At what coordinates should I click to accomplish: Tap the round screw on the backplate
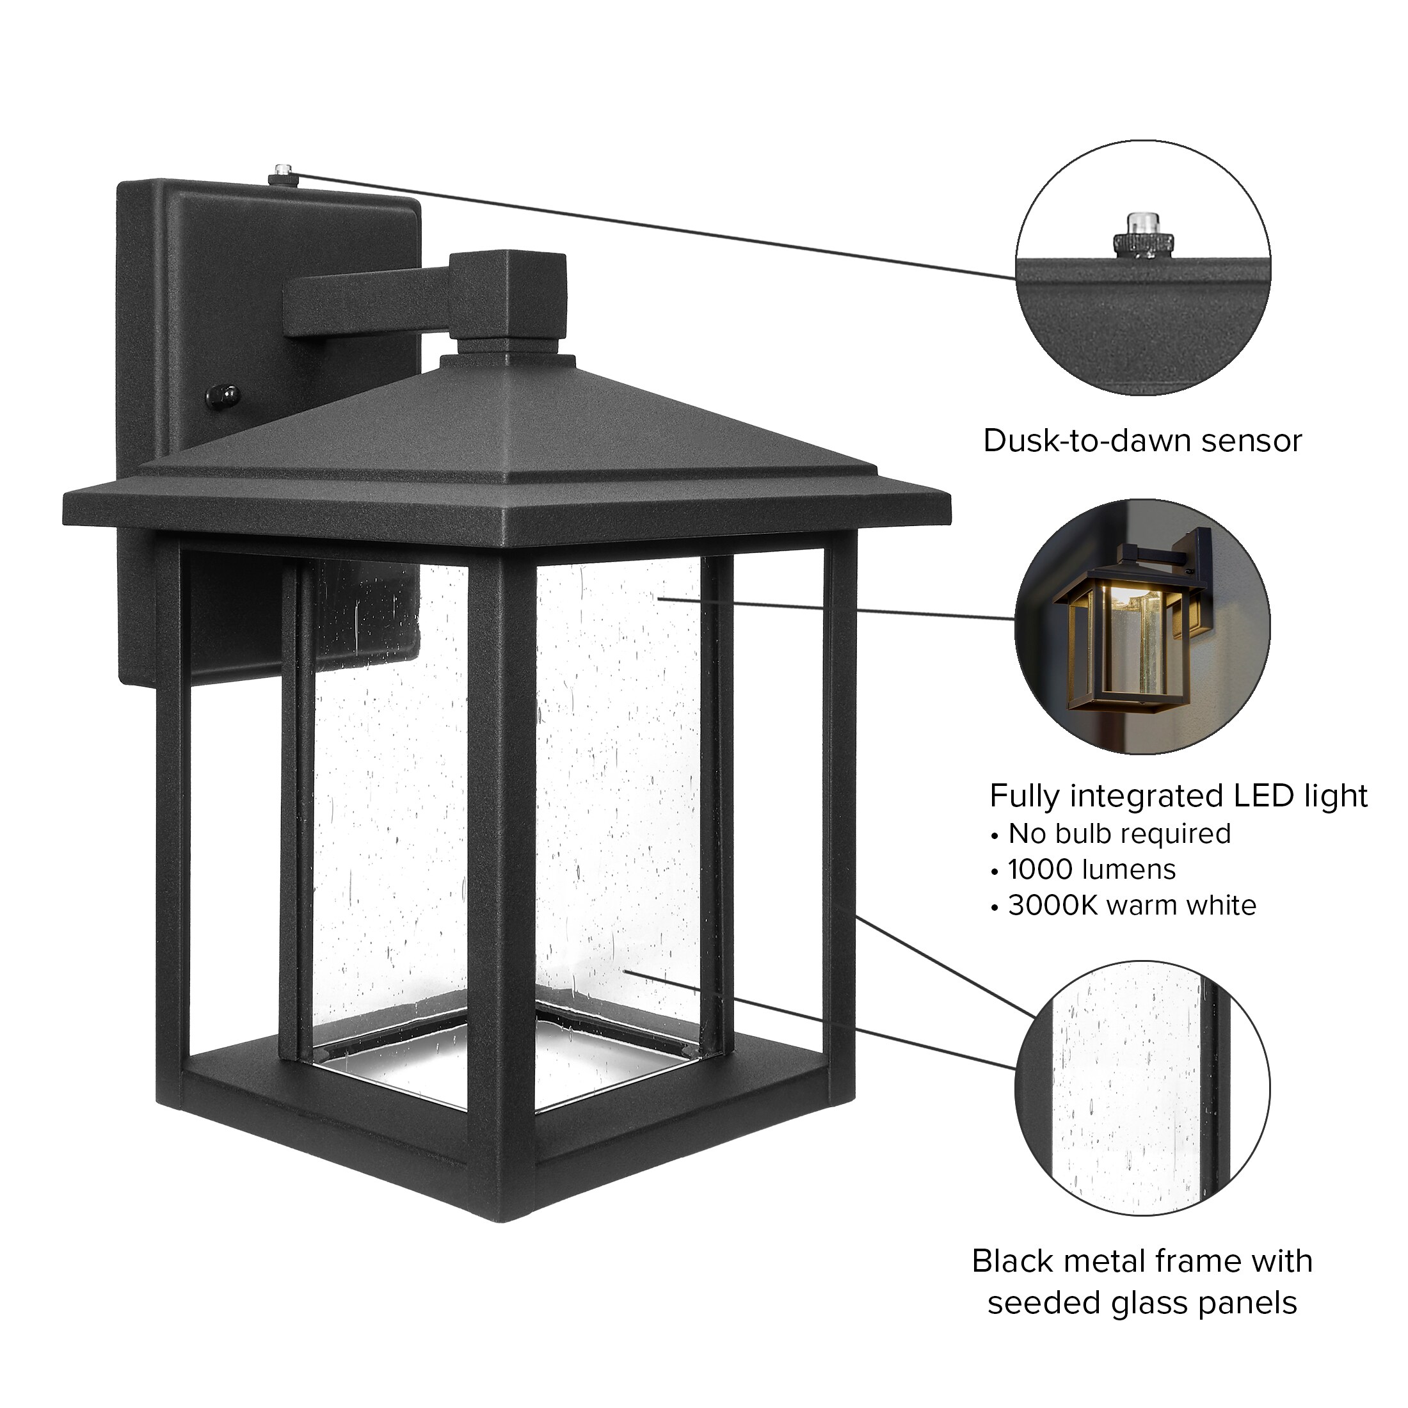click(x=224, y=396)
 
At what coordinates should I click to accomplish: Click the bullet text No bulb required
click(x=1119, y=834)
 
